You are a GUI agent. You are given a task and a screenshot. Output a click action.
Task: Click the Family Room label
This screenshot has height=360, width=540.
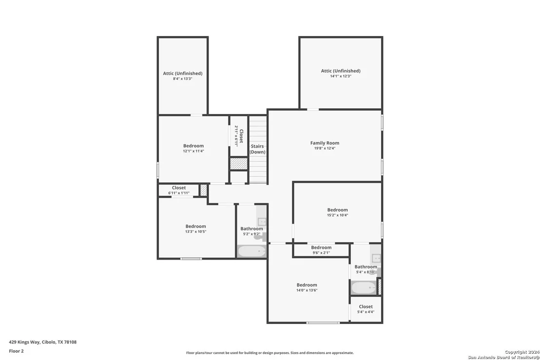point(325,143)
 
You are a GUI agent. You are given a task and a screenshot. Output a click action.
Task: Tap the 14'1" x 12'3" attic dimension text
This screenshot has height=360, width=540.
point(341,76)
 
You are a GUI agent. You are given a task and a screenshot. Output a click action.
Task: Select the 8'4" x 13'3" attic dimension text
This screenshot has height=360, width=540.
point(183,79)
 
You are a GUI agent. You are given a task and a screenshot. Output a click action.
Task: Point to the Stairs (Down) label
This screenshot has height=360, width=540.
point(257,149)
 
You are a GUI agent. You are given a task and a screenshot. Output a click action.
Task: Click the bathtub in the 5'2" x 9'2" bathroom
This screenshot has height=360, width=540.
point(252,251)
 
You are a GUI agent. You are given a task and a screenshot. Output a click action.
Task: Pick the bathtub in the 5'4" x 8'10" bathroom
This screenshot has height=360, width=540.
point(364,288)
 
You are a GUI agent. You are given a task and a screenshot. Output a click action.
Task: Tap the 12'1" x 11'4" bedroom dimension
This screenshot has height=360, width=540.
point(193,151)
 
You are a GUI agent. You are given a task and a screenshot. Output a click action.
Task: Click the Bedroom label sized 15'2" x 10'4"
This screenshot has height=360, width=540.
point(337,209)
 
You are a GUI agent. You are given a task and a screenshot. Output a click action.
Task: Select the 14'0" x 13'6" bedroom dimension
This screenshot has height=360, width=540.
point(307,290)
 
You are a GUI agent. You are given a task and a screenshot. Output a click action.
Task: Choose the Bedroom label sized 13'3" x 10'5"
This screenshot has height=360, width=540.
point(195,226)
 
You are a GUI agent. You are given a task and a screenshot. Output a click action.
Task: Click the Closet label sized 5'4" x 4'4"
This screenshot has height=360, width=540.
point(366,306)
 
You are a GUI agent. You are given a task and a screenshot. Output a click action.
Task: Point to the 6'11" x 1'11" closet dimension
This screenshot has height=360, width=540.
point(179,193)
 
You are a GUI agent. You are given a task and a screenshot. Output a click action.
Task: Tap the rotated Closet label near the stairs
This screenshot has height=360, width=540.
point(241,136)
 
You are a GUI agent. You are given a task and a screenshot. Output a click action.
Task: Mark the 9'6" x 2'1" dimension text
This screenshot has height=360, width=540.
point(321,253)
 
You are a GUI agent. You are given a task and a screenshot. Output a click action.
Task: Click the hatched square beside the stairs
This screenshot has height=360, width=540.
point(239,164)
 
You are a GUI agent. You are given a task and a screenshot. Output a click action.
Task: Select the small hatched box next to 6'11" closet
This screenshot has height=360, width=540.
point(204,190)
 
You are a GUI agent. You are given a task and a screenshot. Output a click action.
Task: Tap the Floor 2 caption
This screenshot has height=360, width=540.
point(16,351)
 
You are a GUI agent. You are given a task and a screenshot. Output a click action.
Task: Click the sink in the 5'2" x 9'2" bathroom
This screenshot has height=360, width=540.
point(262,221)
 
